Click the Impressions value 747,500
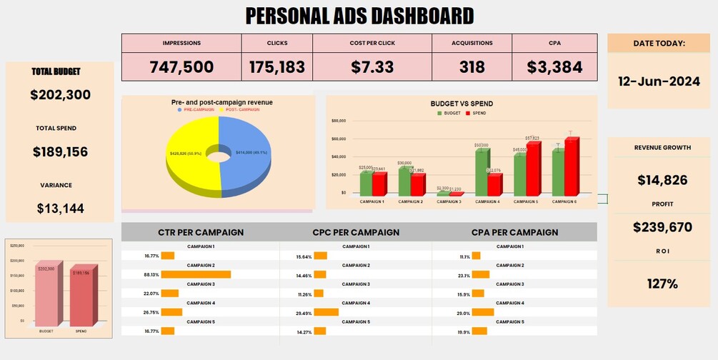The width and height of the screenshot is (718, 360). [x=181, y=67]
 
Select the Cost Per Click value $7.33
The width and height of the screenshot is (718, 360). [x=372, y=67]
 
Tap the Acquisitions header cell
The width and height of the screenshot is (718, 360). [x=472, y=43]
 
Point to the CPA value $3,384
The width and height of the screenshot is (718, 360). [x=554, y=67]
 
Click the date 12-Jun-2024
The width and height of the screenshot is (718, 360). [x=659, y=81]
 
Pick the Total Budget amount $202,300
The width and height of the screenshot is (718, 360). [x=60, y=94]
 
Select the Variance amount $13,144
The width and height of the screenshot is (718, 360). [x=60, y=209]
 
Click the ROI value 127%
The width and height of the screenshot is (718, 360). [x=662, y=284]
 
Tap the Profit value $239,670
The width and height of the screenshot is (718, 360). [x=662, y=227]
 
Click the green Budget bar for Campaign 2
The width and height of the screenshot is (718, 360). [x=405, y=180]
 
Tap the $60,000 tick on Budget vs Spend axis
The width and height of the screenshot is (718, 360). [x=339, y=139]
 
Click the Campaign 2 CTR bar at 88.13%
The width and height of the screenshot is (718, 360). [x=196, y=274]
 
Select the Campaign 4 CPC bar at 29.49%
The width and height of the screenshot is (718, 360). [x=326, y=312]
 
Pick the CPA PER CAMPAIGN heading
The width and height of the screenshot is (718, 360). [x=514, y=232]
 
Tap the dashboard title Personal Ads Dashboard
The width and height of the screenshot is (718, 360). [x=359, y=16]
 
